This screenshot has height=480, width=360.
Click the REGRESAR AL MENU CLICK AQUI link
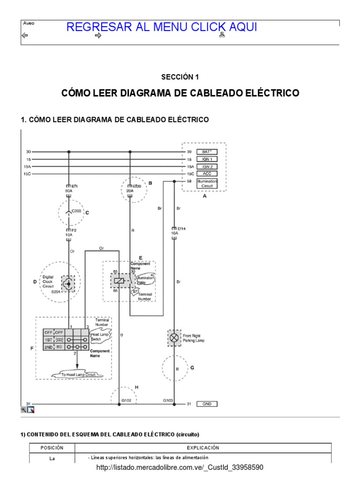pos(161,27)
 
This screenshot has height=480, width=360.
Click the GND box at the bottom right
pos(207,404)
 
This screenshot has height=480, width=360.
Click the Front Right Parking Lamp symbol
pos(174,337)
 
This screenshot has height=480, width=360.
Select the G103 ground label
pos(168,400)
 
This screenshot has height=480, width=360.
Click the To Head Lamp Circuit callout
pos(78,374)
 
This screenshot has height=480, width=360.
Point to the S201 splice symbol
pos(69,284)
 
